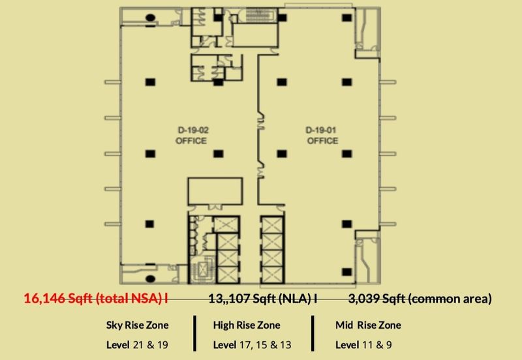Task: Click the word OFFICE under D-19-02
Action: [191, 140]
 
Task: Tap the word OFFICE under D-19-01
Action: [322, 140]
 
